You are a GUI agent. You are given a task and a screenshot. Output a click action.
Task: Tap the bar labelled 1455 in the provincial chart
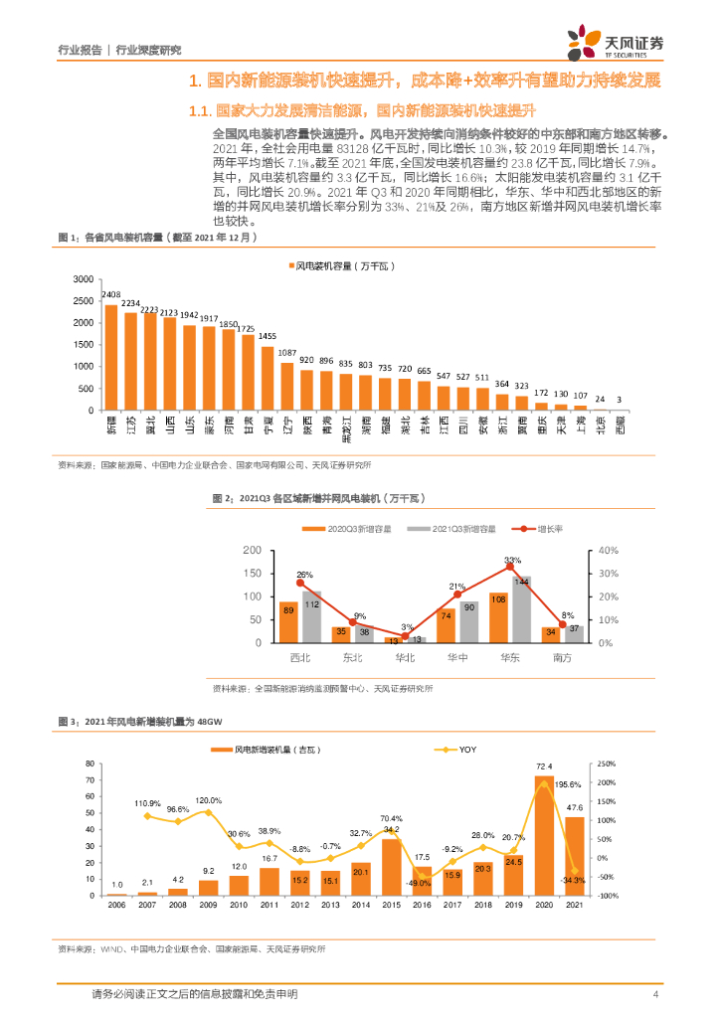[x=268, y=378]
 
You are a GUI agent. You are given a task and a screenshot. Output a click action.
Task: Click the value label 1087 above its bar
[x=287, y=353]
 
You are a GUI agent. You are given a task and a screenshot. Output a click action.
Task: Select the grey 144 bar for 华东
[x=521, y=609]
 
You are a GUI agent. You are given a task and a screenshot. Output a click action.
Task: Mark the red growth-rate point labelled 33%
[x=511, y=568]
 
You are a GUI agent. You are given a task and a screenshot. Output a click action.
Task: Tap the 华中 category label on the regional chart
[x=457, y=656]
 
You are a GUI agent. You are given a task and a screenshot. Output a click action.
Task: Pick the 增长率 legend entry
[x=537, y=529]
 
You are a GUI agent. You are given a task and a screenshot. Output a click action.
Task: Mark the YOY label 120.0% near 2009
[x=207, y=800]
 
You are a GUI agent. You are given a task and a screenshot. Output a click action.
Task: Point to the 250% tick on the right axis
[x=603, y=763]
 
